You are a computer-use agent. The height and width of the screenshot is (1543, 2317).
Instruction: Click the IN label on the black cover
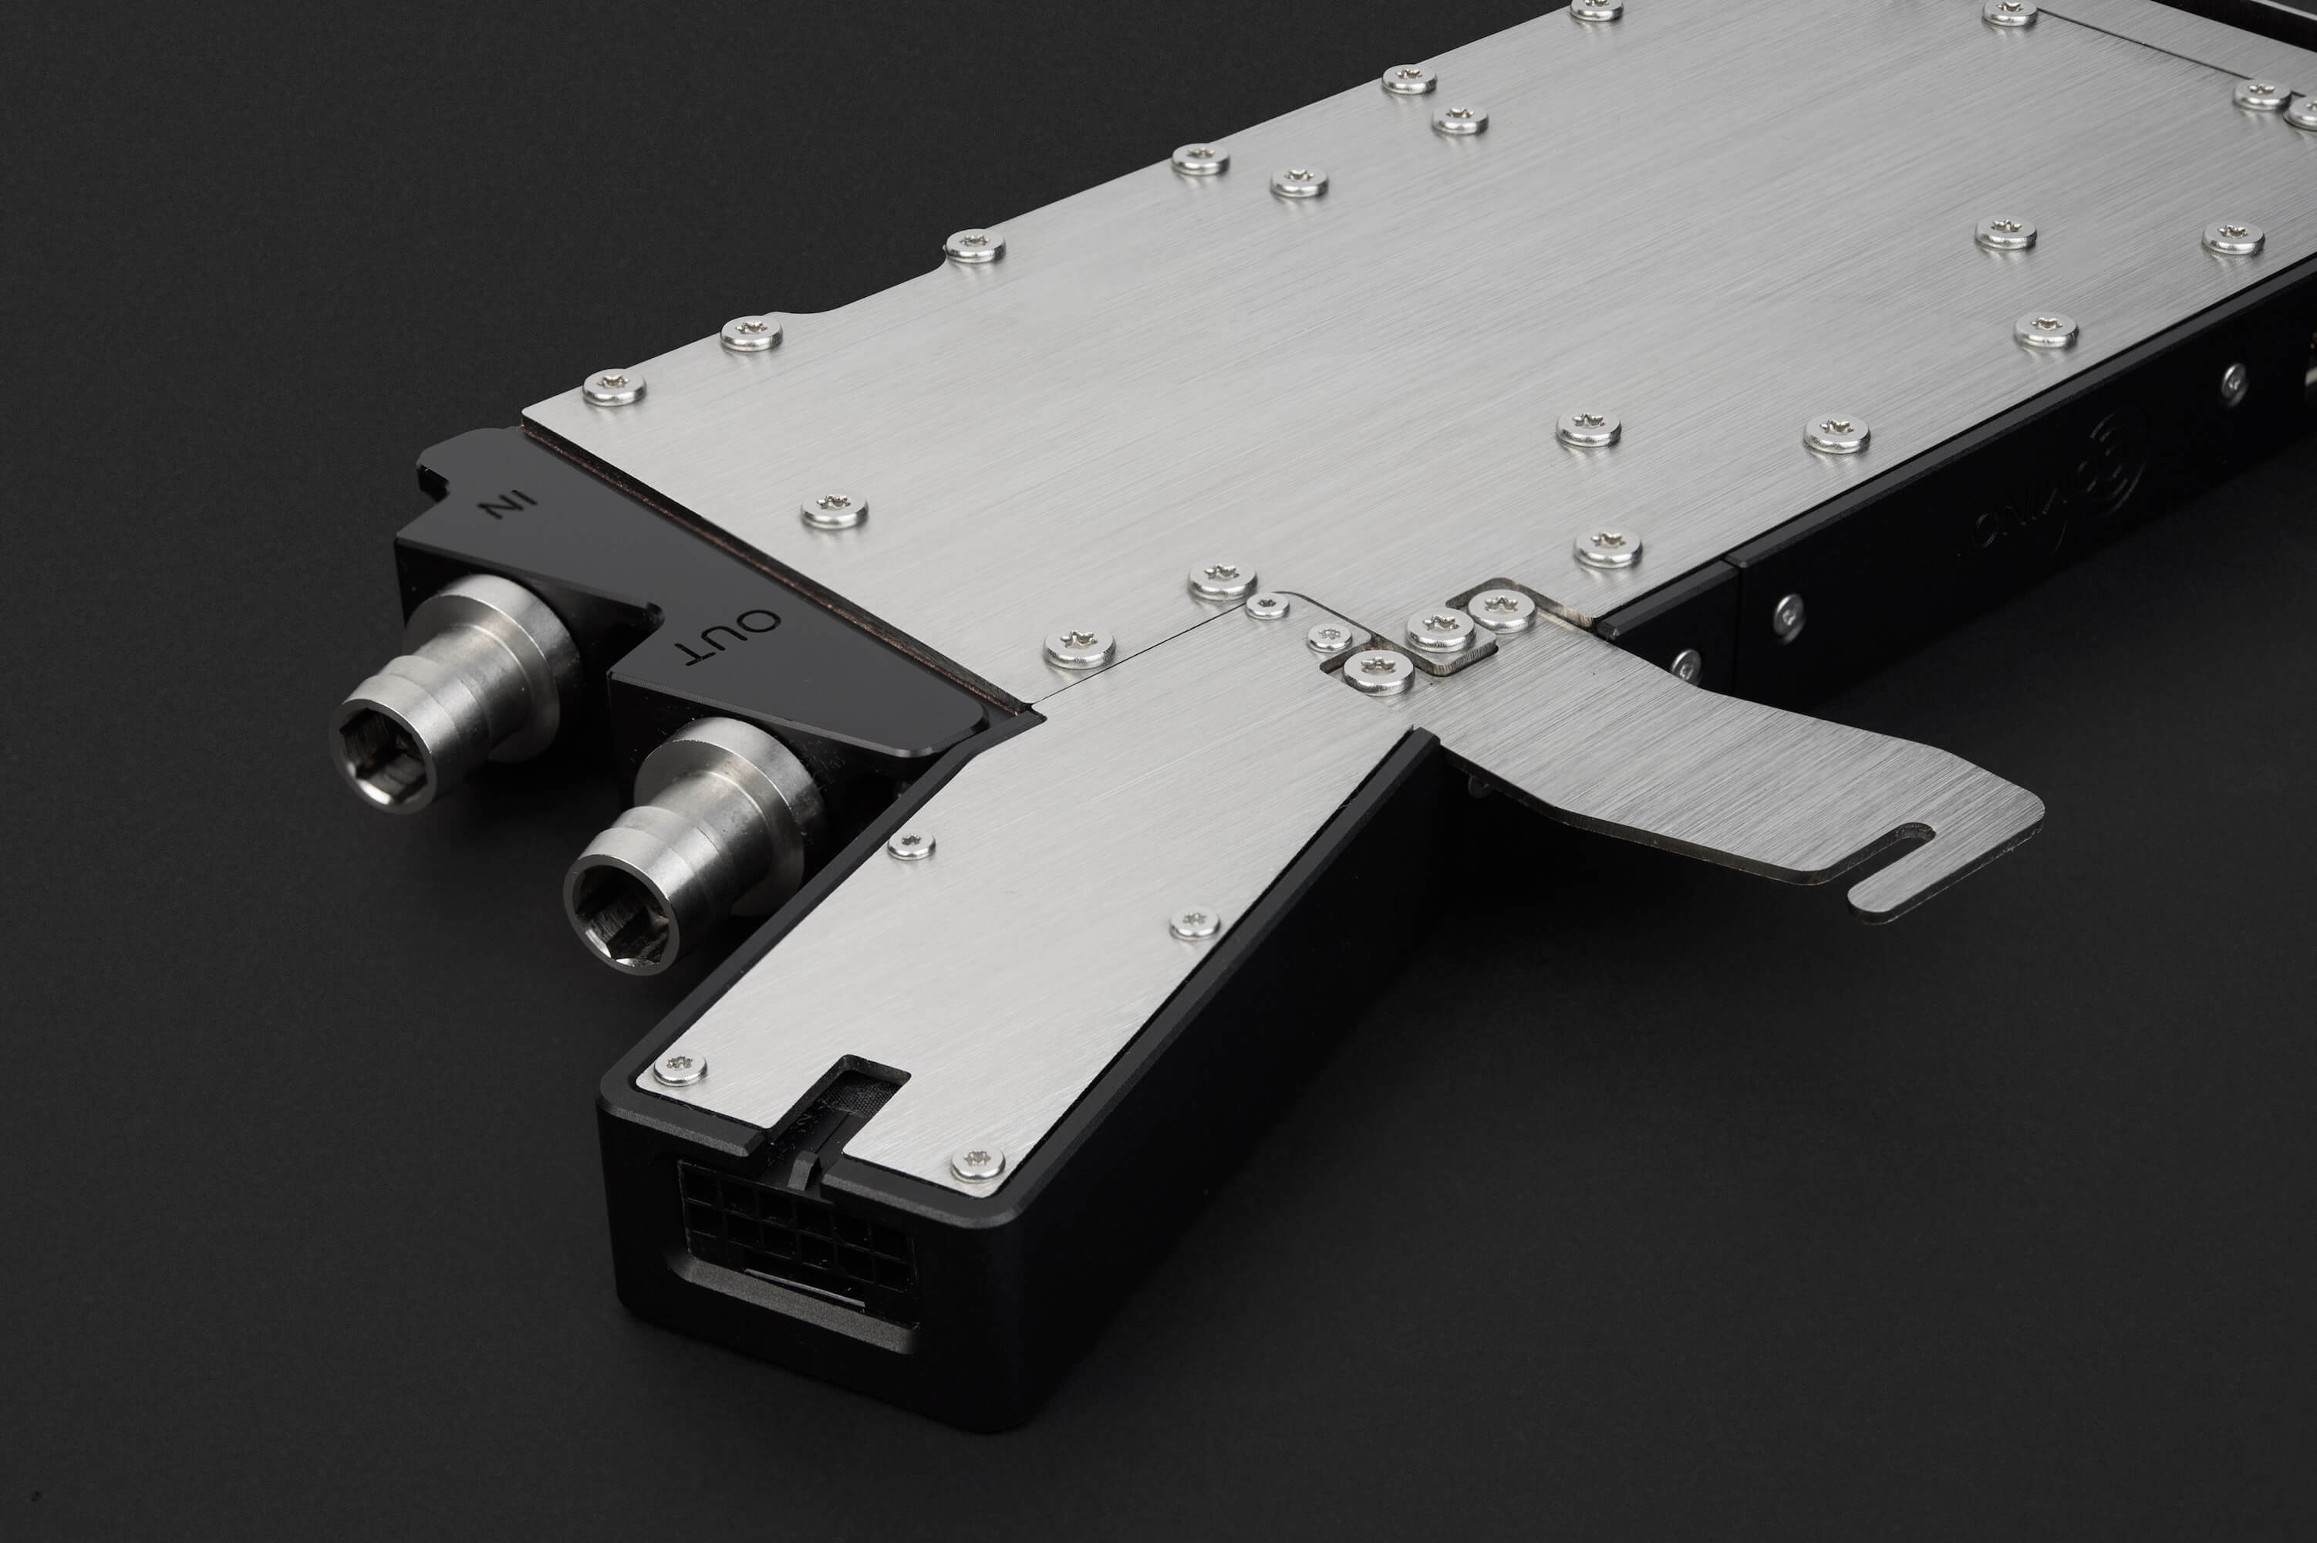[506, 505]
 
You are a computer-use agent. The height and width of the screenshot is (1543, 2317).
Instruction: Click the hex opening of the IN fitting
[383, 756]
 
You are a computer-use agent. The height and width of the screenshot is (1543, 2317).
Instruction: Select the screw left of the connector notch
[680, 1067]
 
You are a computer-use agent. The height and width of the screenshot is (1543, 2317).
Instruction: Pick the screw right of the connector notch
[977, 1163]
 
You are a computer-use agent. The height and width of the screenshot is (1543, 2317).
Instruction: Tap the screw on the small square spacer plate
[1440, 628]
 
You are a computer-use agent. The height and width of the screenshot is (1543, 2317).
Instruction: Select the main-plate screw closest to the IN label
[614, 387]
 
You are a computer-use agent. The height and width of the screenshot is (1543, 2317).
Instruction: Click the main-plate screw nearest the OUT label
[833, 510]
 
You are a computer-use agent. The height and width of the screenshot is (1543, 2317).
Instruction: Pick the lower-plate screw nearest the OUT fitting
[911, 844]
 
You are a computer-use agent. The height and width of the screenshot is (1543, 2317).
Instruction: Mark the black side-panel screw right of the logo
[2234, 383]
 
